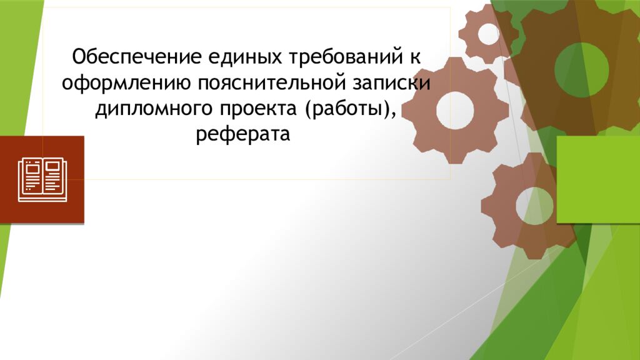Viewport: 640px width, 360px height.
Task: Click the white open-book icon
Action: tap(42, 179)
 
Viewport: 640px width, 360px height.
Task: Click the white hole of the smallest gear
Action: tap(488, 34)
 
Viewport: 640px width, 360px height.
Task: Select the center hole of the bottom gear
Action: tap(534, 204)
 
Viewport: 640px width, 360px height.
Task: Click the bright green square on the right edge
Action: tap(597, 179)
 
